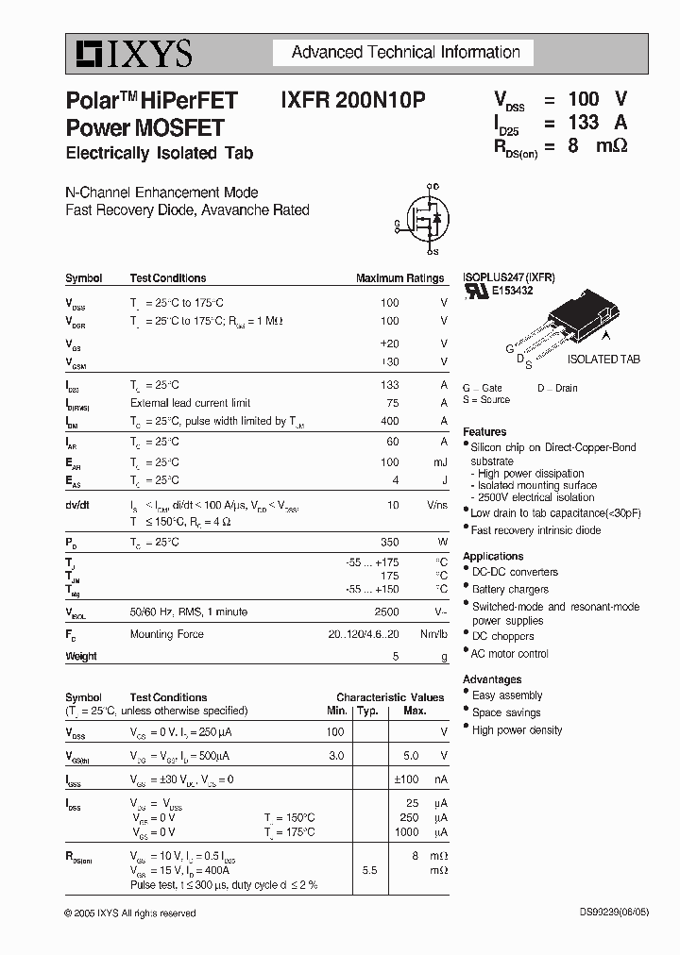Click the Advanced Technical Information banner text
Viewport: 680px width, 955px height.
[405, 52]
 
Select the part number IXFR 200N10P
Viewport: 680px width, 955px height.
[352, 100]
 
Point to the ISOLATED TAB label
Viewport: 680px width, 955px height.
[603, 360]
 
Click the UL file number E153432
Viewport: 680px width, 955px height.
[512, 292]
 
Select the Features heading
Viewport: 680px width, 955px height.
[484, 432]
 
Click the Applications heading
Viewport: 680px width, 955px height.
[492, 557]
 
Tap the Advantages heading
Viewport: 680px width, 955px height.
[491, 679]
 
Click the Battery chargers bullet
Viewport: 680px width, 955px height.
[510, 590]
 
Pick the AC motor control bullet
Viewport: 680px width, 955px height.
[509, 654]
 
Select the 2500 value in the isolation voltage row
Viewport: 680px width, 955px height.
[386, 612]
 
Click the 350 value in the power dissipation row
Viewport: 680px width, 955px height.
[389, 543]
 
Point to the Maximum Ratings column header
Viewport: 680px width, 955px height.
[399, 278]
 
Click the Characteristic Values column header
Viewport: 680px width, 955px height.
[390, 697]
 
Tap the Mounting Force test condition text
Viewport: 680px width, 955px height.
[166, 634]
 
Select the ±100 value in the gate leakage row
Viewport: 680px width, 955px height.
[407, 780]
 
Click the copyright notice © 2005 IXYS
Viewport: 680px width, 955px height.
[130, 913]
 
